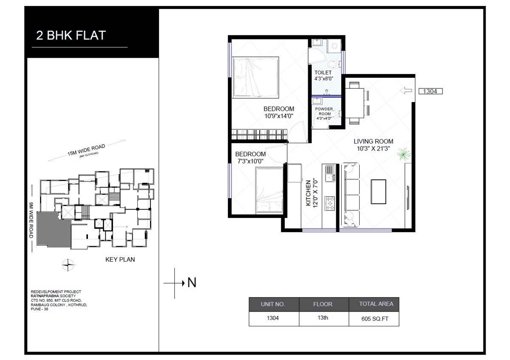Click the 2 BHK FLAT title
[x=71, y=35]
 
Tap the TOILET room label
[x=323, y=73]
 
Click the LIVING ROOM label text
[x=374, y=142]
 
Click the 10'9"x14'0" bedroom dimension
[x=279, y=115]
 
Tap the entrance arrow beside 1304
[x=407, y=91]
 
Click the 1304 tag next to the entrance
[x=431, y=91]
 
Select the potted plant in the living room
[x=402, y=154]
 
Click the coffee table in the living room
[x=378, y=192]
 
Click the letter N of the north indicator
[x=192, y=282]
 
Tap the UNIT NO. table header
[x=274, y=304]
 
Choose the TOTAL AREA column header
[x=374, y=304]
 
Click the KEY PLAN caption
[x=120, y=259]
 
